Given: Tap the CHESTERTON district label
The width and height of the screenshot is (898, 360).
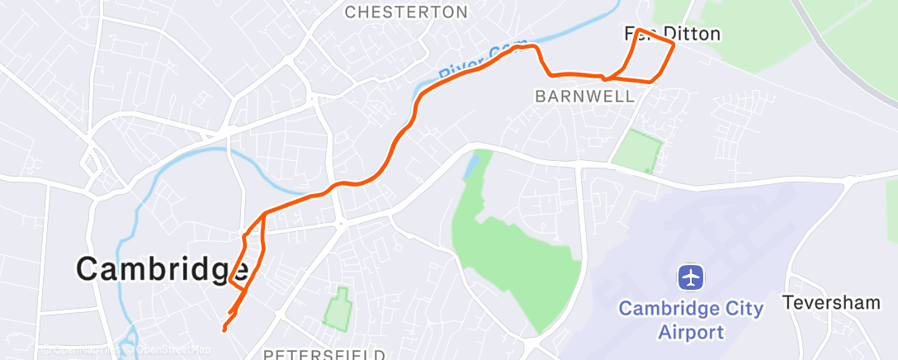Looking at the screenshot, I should tap(406, 12).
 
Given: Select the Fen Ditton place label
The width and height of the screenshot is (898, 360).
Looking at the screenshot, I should tap(673, 34).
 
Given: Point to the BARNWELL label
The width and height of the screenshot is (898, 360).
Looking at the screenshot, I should tap(585, 96).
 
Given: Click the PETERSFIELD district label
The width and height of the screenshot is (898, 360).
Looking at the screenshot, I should tap(324, 353).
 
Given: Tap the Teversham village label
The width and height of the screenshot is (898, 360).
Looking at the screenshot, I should tap(831, 302).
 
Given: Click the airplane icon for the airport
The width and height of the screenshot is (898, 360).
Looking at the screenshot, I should tap(691, 277).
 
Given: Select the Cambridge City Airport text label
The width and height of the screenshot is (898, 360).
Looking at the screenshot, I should tap(691, 320).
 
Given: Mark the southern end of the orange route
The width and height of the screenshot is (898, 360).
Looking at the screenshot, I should tap(224, 329).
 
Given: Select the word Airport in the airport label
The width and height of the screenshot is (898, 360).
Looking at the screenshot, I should tap(691, 332).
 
